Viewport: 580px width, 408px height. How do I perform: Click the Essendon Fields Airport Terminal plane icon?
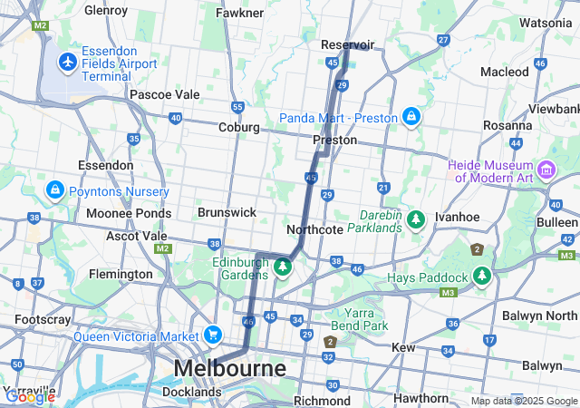pos(67,62)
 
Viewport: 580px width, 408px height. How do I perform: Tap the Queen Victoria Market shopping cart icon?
pos(213,335)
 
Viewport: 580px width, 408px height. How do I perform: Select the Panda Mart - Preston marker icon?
pos(411,117)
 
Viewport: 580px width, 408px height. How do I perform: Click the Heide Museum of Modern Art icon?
pos(546,170)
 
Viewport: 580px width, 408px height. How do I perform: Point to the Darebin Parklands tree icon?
pos(415,219)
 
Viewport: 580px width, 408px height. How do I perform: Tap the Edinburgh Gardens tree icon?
pos(282,267)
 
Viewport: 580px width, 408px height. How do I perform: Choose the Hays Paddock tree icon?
pos(480,276)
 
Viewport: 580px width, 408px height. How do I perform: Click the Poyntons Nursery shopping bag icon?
pos(54,191)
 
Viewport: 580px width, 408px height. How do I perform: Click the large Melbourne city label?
pos(229,368)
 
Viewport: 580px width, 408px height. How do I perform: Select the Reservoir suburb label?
pos(348,44)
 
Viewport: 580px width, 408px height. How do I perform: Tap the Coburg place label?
pos(239,128)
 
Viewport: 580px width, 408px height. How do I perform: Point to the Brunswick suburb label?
pos(227,211)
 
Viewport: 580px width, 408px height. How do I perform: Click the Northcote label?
pos(314,229)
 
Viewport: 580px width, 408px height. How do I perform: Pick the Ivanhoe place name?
pos(457,218)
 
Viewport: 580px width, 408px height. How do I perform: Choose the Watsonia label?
pos(546,22)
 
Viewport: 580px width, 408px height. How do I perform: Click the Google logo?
pos(30,396)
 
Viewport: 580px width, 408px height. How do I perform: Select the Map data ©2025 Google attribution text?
pos(524,401)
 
